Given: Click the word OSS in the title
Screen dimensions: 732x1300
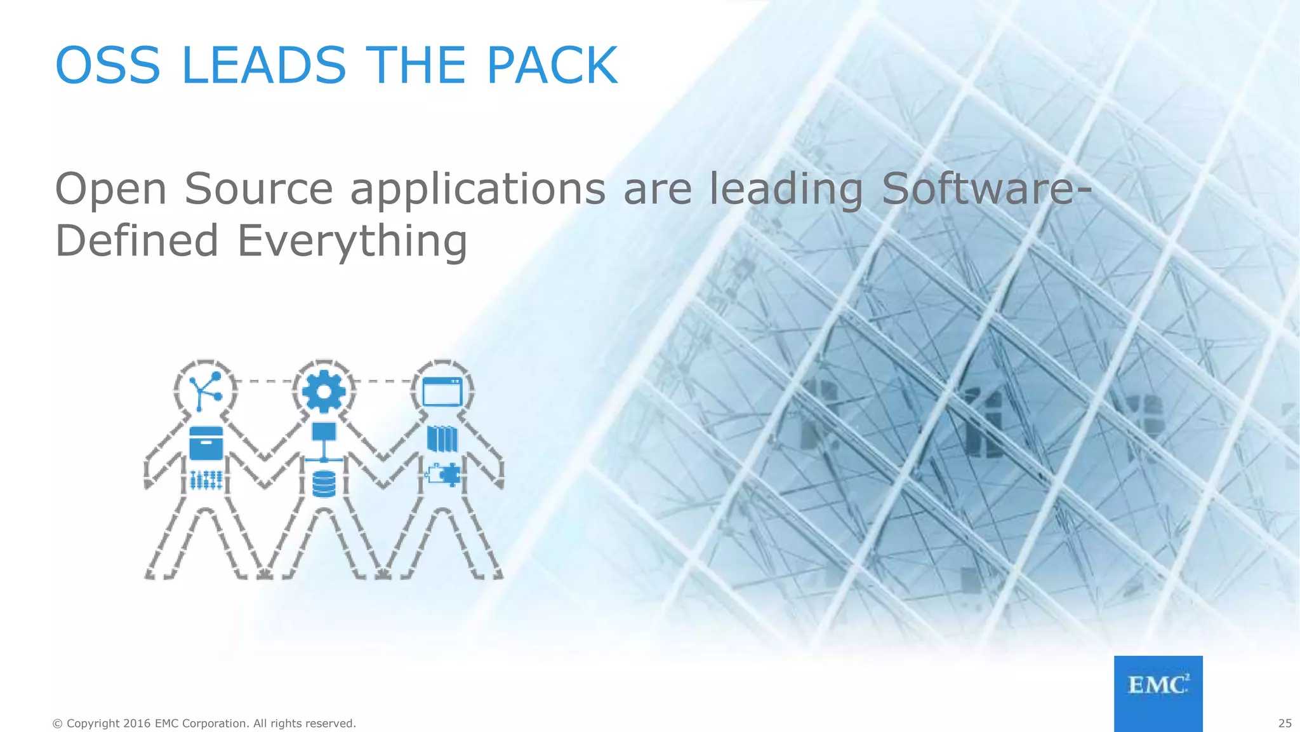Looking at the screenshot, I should [108, 65].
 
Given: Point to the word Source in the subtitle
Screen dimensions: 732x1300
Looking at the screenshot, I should [258, 189].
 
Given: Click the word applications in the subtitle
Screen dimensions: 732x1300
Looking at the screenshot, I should [478, 190].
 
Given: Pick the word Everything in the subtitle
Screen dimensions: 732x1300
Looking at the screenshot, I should [352, 242].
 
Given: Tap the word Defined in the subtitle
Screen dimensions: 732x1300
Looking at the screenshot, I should [137, 241].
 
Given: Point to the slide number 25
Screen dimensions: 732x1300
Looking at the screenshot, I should [1285, 724].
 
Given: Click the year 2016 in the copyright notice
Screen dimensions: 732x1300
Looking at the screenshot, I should [137, 724].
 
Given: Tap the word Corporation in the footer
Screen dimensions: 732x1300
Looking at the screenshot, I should [215, 724].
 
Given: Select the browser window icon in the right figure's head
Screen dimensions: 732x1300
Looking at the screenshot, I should [442, 391].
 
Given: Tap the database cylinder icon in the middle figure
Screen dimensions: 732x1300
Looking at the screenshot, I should [324, 484].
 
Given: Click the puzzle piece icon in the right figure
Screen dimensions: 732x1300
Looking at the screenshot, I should [444, 475].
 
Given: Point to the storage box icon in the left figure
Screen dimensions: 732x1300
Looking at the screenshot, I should [206, 443].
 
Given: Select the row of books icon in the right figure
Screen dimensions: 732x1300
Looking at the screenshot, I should [442, 438].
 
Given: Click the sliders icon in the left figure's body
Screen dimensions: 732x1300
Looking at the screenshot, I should [206, 480].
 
